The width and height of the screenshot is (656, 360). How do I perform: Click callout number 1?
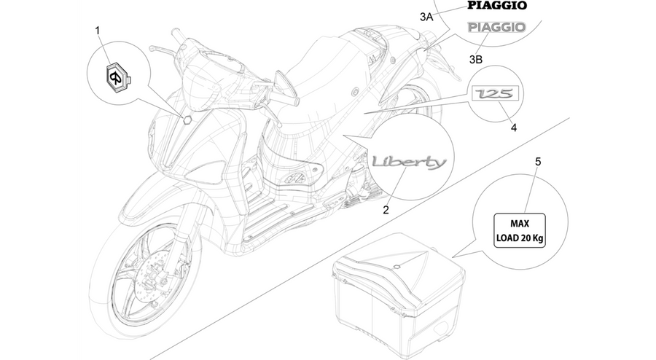98,31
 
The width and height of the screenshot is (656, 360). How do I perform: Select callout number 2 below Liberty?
386,210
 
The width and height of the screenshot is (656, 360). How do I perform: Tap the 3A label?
426,17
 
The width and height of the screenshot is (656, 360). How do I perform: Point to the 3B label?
476,59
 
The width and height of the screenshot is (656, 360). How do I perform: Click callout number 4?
514,128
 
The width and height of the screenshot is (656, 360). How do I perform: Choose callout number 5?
538,161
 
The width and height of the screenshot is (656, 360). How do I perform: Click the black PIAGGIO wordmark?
497,5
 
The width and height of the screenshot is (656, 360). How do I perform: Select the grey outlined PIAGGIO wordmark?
496,27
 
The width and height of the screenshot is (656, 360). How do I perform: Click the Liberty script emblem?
410,162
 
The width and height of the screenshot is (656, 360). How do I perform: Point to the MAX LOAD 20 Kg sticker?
520,230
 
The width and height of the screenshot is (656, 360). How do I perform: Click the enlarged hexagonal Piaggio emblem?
117,76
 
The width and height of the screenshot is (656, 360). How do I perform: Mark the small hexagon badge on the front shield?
187,120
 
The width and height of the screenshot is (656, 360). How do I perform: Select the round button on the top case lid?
397,266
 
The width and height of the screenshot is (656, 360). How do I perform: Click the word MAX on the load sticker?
520,224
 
